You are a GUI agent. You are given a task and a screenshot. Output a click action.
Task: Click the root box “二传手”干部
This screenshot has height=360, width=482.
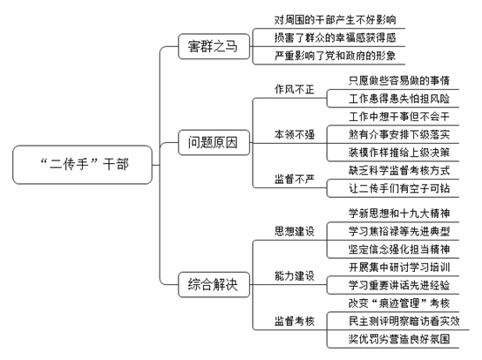coord(83,165)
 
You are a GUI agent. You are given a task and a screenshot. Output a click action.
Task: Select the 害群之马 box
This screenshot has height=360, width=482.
coord(214,46)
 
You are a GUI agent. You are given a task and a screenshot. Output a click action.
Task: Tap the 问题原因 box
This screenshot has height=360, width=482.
coord(214,142)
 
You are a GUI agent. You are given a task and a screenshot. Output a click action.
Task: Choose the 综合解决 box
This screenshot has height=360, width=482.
coord(214,284)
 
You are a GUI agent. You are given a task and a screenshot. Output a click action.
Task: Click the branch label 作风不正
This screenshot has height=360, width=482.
coord(295,90)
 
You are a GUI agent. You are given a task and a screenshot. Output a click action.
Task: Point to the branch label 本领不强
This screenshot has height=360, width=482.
coord(295,134)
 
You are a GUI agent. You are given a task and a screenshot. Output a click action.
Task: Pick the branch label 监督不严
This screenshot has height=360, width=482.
coord(295,179)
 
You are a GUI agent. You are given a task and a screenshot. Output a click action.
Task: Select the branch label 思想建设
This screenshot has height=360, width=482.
coord(295,231)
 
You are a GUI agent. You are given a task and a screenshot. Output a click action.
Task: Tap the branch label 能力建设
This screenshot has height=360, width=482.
coord(295,275)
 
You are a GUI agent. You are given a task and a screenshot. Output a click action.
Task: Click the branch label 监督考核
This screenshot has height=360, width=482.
coord(295,321)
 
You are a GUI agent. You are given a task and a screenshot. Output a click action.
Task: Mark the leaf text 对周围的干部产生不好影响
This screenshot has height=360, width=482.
coord(335,20)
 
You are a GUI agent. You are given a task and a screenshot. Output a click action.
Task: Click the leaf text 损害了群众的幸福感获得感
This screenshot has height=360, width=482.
coord(335,37)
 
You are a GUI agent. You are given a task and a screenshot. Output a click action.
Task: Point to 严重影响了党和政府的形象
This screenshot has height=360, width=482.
coord(335,56)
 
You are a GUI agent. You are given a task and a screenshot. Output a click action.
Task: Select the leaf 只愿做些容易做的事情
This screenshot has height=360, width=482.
coord(399,80)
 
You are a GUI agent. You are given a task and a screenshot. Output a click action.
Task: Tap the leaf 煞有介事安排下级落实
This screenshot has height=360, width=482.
coord(399,134)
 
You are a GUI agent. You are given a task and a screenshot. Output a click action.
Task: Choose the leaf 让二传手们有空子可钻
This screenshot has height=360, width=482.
coord(399,188)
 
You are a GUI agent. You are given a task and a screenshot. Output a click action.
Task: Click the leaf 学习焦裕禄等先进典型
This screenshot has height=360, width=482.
coord(399,231)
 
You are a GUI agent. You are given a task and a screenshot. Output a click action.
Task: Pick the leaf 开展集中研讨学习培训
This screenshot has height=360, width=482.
coord(399,267)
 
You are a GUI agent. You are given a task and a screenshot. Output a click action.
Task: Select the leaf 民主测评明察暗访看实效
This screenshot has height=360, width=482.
coord(404,321)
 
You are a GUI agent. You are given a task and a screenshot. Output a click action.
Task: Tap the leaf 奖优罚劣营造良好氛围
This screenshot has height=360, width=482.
coord(399,339)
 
